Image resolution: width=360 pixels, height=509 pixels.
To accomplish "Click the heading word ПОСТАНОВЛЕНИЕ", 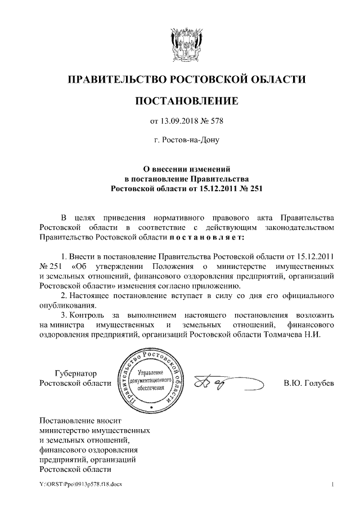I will [186, 101].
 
